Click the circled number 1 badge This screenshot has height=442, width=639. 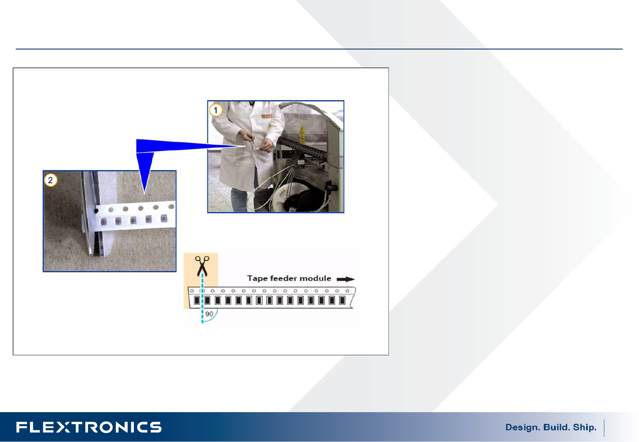click(216, 110)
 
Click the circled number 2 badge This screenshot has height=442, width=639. click(50, 180)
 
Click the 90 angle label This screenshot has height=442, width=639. click(209, 314)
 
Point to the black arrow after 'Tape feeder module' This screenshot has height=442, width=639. click(345, 279)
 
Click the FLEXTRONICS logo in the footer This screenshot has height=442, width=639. click(89, 427)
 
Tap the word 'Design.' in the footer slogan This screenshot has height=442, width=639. click(523, 427)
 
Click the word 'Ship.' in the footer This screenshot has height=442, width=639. click(585, 427)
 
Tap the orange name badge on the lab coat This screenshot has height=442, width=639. click(267, 116)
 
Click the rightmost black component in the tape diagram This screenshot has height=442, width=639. click(342, 300)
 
